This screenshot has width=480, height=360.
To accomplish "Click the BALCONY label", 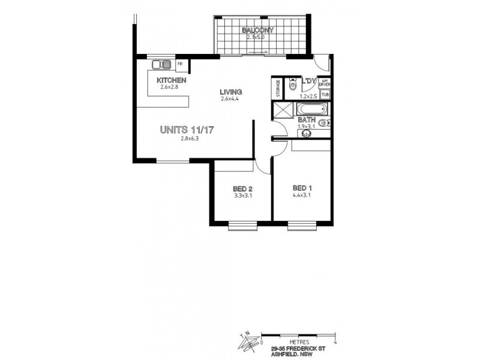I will point(258,30).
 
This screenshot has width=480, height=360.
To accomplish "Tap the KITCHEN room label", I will point(171,80).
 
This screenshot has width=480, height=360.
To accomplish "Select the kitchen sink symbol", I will point(161,65).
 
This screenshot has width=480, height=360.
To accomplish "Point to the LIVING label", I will point(230,92).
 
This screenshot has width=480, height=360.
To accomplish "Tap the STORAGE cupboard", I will point(278,88).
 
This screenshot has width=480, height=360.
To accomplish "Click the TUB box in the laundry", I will point(325,94).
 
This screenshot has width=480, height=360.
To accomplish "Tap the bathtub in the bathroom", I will point(311,110).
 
